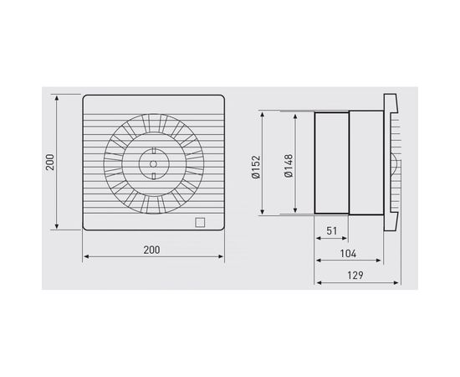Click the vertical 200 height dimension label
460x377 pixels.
pos(50,162)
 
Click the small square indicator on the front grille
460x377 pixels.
pos(198,223)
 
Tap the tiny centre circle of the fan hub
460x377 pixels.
pos(153,162)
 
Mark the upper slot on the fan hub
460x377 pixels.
pos(153,153)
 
